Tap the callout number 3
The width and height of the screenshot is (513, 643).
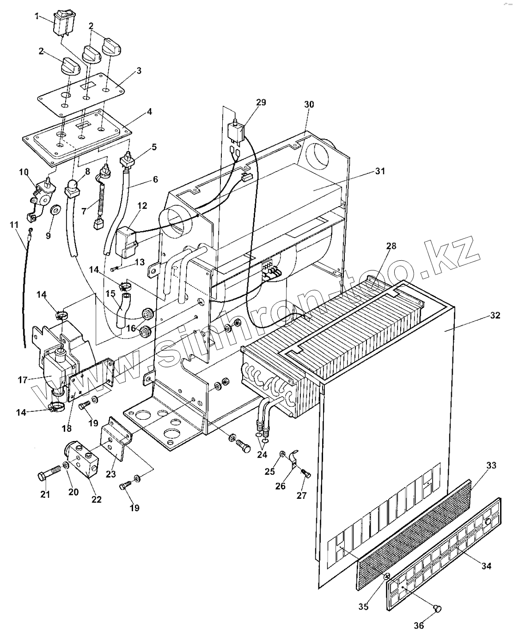(138, 71)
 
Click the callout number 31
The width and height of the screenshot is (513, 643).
(380, 171)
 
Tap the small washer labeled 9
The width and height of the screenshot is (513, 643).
(55, 210)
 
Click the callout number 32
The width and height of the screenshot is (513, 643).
(495, 316)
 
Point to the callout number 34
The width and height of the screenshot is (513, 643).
(486, 566)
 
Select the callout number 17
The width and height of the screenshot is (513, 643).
(22, 380)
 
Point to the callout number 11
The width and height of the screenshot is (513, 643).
(14, 224)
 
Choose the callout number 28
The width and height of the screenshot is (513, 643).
(391, 245)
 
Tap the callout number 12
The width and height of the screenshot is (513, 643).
(142, 206)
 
